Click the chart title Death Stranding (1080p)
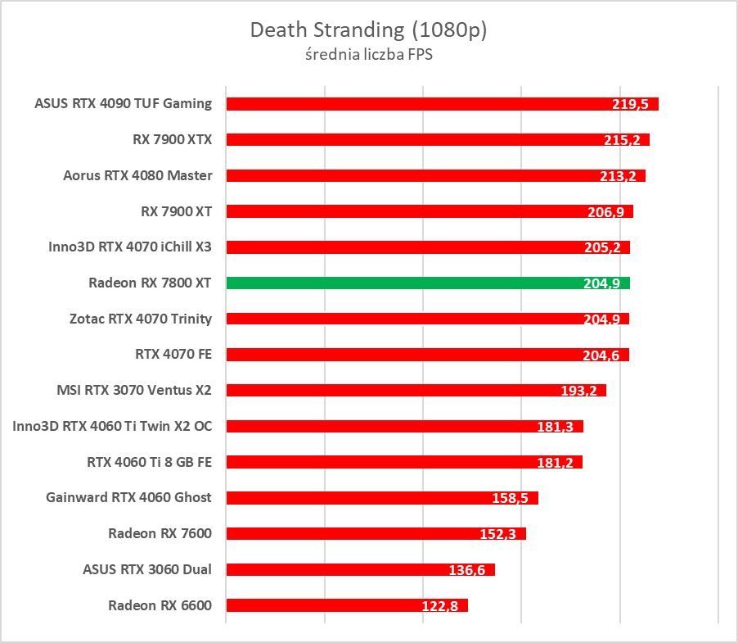(x=368, y=30)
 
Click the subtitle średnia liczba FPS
(x=368, y=55)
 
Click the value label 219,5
(x=630, y=105)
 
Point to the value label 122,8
(x=440, y=606)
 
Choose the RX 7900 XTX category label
(x=172, y=139)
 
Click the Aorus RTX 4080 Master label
(x=137, y=175)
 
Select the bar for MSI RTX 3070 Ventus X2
(x=393, y=391)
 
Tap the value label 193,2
(x=578, y=391)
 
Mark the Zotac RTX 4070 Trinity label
(x=141, y=319)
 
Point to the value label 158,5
(x=511, y=498)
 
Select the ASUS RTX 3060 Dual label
(x=147, y=569)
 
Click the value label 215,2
(x=621, y=140)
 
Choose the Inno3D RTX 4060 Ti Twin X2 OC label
(x=112, y=426)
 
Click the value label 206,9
(x=605, y=212)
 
